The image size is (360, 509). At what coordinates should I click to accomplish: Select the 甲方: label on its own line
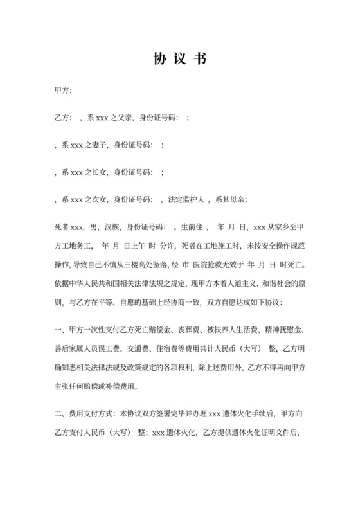[x=63, y=93]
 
